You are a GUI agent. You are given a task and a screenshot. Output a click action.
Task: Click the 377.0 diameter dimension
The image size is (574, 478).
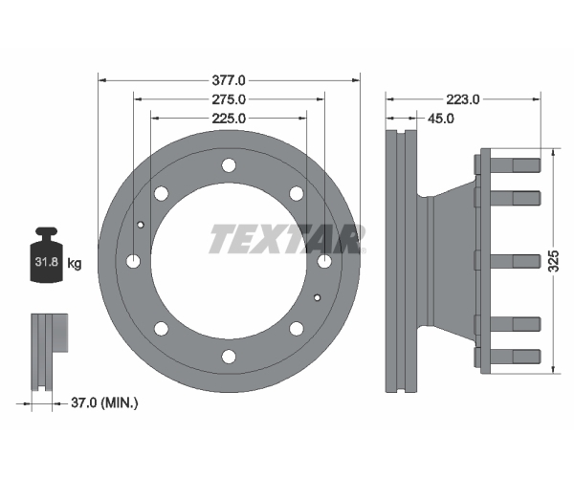[x=229, y=80]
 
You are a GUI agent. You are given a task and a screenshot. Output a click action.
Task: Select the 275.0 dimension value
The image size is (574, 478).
[x=229, y=99]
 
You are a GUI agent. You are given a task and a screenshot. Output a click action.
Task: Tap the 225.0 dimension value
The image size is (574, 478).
[x=229, y=119]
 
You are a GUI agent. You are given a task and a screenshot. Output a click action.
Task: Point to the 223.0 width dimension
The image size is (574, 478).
[x=462, y=99]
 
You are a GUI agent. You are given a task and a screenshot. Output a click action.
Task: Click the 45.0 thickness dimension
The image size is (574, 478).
[x=441, y=119]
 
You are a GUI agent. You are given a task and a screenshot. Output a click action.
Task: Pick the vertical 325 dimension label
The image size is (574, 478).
[x=555, y=261]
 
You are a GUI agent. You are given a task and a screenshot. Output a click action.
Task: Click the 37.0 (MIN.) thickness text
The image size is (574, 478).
[x=104, y=403]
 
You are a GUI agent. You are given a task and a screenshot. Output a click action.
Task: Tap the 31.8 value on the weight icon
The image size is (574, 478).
[x=47, y=262]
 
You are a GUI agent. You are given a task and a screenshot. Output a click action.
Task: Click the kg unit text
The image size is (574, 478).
[x=75, y=263]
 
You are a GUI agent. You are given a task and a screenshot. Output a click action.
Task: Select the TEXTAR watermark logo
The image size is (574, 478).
[x=287, y=239]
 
